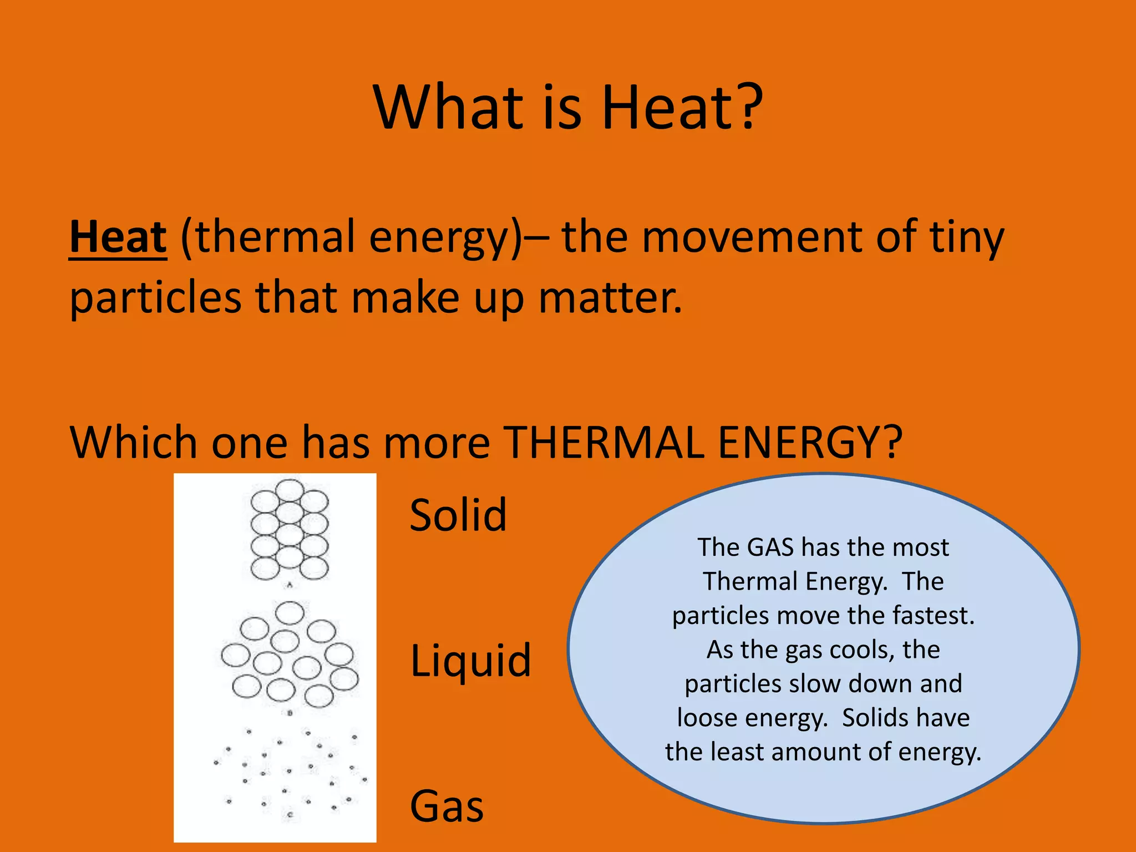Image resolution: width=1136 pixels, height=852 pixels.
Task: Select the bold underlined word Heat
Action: point(118,237)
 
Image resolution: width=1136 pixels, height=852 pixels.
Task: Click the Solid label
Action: point(458,515)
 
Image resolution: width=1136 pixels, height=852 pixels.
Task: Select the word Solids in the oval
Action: point(874,718)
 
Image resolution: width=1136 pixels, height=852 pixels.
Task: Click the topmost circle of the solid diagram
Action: point(290,490)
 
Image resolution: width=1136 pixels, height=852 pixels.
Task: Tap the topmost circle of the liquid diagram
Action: point(290,613)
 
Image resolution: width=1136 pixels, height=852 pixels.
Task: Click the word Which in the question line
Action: point(133,443)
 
